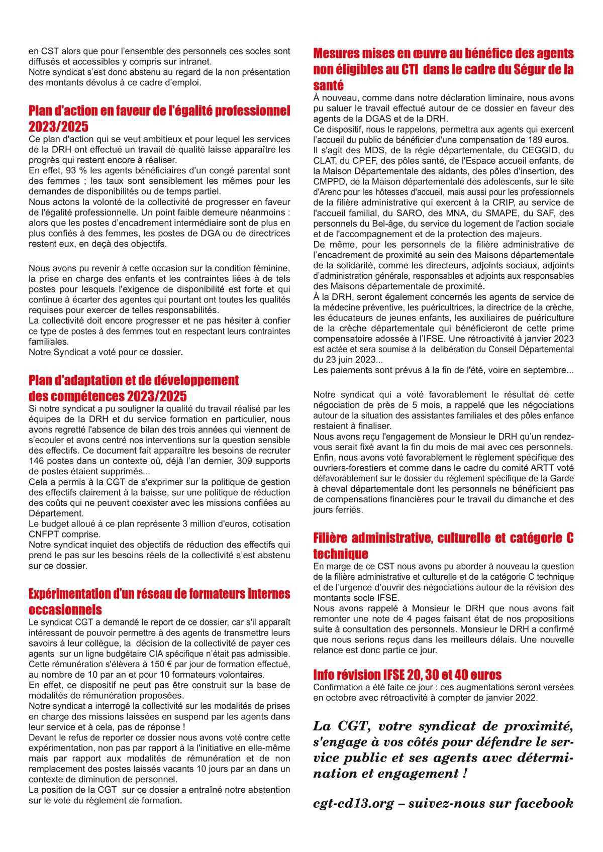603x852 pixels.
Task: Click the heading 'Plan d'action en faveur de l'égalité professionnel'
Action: (x=159, y=111)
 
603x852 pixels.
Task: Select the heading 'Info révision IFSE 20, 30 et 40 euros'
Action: (x=407, y=675)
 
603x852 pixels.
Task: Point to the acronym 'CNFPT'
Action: (x=43, y=534)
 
